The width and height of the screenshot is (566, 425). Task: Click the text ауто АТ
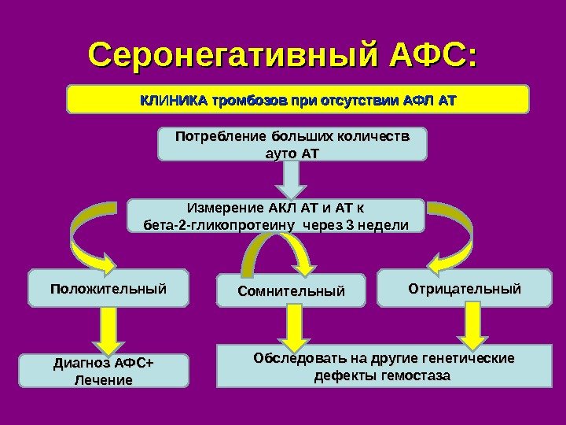point(289,152)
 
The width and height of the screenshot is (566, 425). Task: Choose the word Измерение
point(224,209)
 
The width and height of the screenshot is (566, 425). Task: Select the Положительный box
point(109,288)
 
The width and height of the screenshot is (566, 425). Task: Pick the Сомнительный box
point(292,292)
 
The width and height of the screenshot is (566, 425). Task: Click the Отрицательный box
point(465,289)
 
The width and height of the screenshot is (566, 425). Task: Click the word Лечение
point(103,381)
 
